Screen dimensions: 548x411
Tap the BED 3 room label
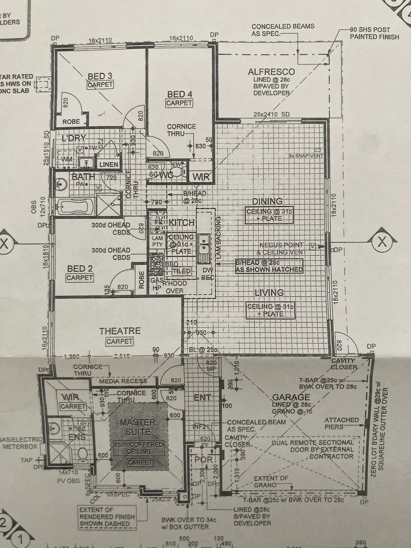point(100,77)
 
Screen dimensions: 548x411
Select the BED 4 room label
point(180,94)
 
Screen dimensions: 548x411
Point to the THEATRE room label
point(120,331)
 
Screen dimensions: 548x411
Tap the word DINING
point(267,201)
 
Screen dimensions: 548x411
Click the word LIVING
point(269,293)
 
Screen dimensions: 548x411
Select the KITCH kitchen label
point(182,223)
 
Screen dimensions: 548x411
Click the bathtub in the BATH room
point(74,207)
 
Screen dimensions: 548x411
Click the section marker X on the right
point(382,243)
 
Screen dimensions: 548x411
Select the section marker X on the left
point(5,244)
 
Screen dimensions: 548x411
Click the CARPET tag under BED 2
point(80,278)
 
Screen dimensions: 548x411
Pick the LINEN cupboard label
point(109,164)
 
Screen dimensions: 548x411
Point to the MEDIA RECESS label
point(123,381)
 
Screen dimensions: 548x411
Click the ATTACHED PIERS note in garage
point(341,423)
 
